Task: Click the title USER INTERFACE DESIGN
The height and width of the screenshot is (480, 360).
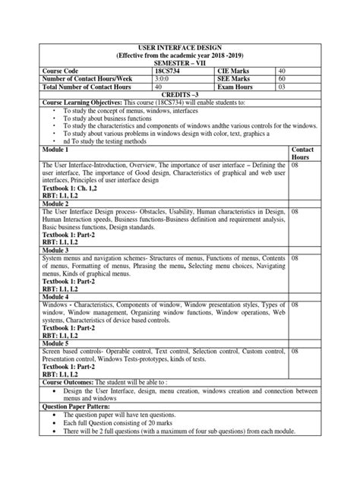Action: (x=180, y=47)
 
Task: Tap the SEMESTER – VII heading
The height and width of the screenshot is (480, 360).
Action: (x=180, y=63)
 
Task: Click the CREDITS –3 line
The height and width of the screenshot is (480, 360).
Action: (x=180, y=96)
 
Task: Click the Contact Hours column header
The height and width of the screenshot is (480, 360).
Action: (x=303, y=156)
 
